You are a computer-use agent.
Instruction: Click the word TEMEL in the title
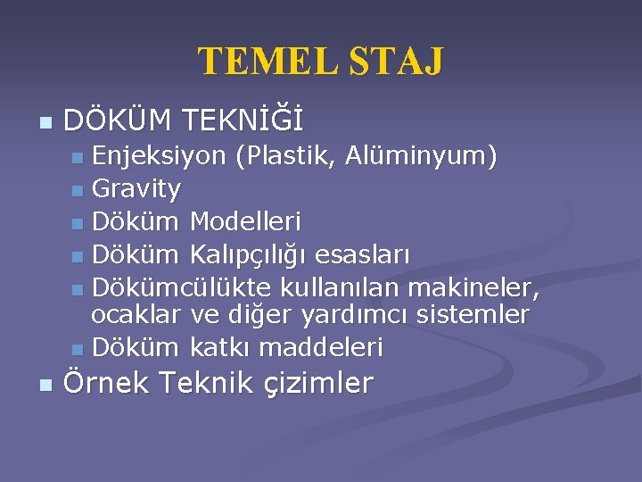pos(259,62)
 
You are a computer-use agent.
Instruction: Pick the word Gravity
pos(136,189)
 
